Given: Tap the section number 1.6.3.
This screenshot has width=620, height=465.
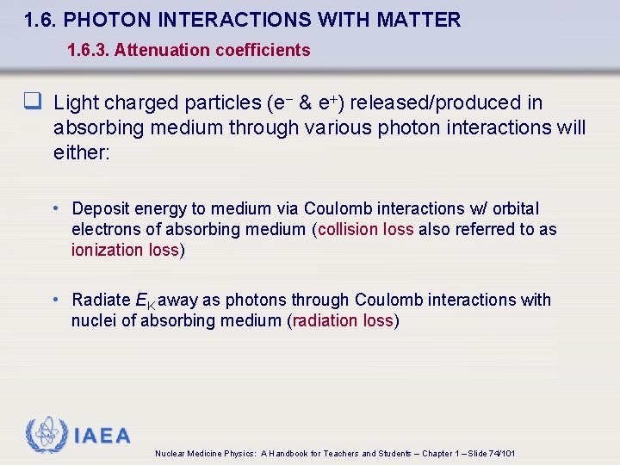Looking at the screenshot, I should tap(88, 50).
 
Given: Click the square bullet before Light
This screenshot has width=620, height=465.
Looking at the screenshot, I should tap(34, 103).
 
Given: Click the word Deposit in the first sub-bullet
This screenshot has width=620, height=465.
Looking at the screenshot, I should tap(102, 208).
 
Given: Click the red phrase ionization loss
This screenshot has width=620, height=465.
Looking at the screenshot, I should tap(125, 250).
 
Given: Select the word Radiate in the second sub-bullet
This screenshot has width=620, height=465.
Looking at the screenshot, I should tap(102, 300).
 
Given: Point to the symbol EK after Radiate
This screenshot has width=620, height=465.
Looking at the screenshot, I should tap(146, 301).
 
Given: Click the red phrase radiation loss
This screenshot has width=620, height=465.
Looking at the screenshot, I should tap(343, 320).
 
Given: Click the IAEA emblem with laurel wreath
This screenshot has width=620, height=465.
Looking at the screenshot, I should tap(46, 436).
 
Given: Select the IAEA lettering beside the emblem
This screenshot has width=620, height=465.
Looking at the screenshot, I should tap(102, 436).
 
